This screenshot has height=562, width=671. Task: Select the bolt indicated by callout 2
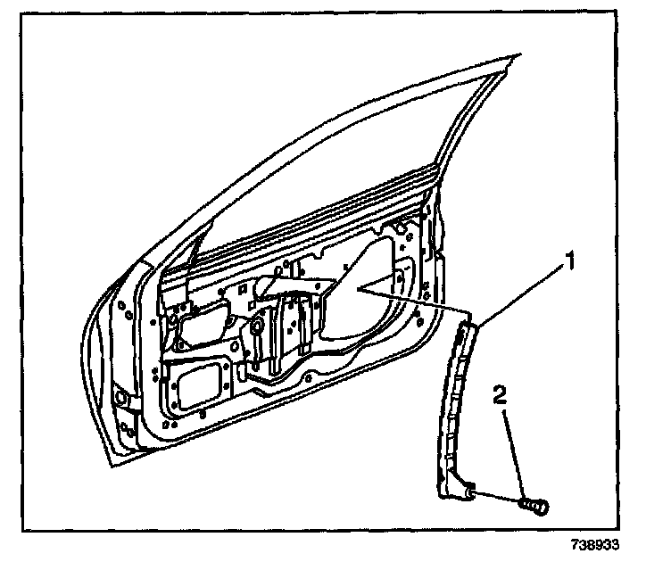pos(534,506)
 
